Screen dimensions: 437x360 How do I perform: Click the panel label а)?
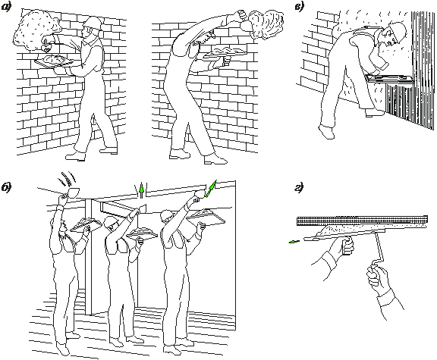point(6,7)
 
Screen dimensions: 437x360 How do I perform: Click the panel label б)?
point(7,188)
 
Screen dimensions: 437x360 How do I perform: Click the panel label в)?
point(300,7)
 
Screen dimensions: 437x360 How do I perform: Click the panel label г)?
point(299,188)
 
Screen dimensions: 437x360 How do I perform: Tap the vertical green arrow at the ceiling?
point(142,190)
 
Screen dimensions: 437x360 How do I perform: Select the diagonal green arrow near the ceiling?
point(210,189)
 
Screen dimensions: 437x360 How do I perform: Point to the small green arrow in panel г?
point(294,242)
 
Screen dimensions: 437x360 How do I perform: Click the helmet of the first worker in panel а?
point(92,23)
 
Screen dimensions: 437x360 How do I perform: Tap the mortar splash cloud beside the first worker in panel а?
point(36,30)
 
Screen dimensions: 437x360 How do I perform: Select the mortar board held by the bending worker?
point(225,54)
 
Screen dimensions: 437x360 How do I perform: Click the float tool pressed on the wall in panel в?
point(389,78)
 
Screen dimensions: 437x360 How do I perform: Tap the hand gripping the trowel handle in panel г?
point(347,245)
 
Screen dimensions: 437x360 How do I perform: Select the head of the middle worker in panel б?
point(111,224)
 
